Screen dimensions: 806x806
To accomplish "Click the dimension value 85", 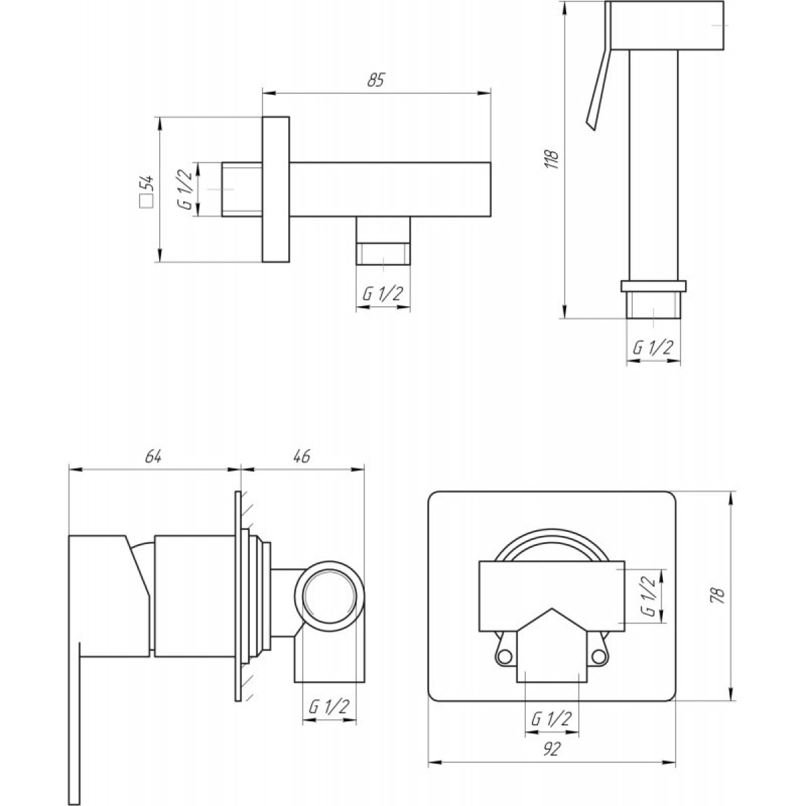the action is pos(375,80).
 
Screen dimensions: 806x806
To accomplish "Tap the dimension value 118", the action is pos(553,159).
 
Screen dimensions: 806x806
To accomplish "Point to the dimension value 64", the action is pos(153,457).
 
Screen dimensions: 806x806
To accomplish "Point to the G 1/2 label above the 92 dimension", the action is pos(551,719).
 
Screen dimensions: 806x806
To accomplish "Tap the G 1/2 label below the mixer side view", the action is pos(328,707).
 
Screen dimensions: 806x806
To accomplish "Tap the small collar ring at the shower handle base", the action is pos(654,286).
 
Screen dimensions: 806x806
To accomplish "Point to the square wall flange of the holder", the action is pos(275,189).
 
